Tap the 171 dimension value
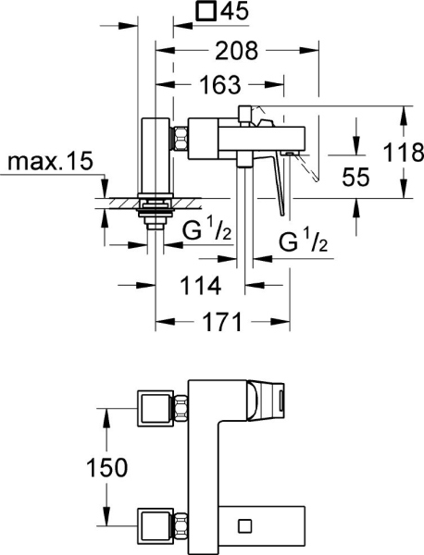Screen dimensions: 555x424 [x=221, y=322]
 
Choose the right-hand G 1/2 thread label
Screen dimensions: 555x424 [x=302, y=242]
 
